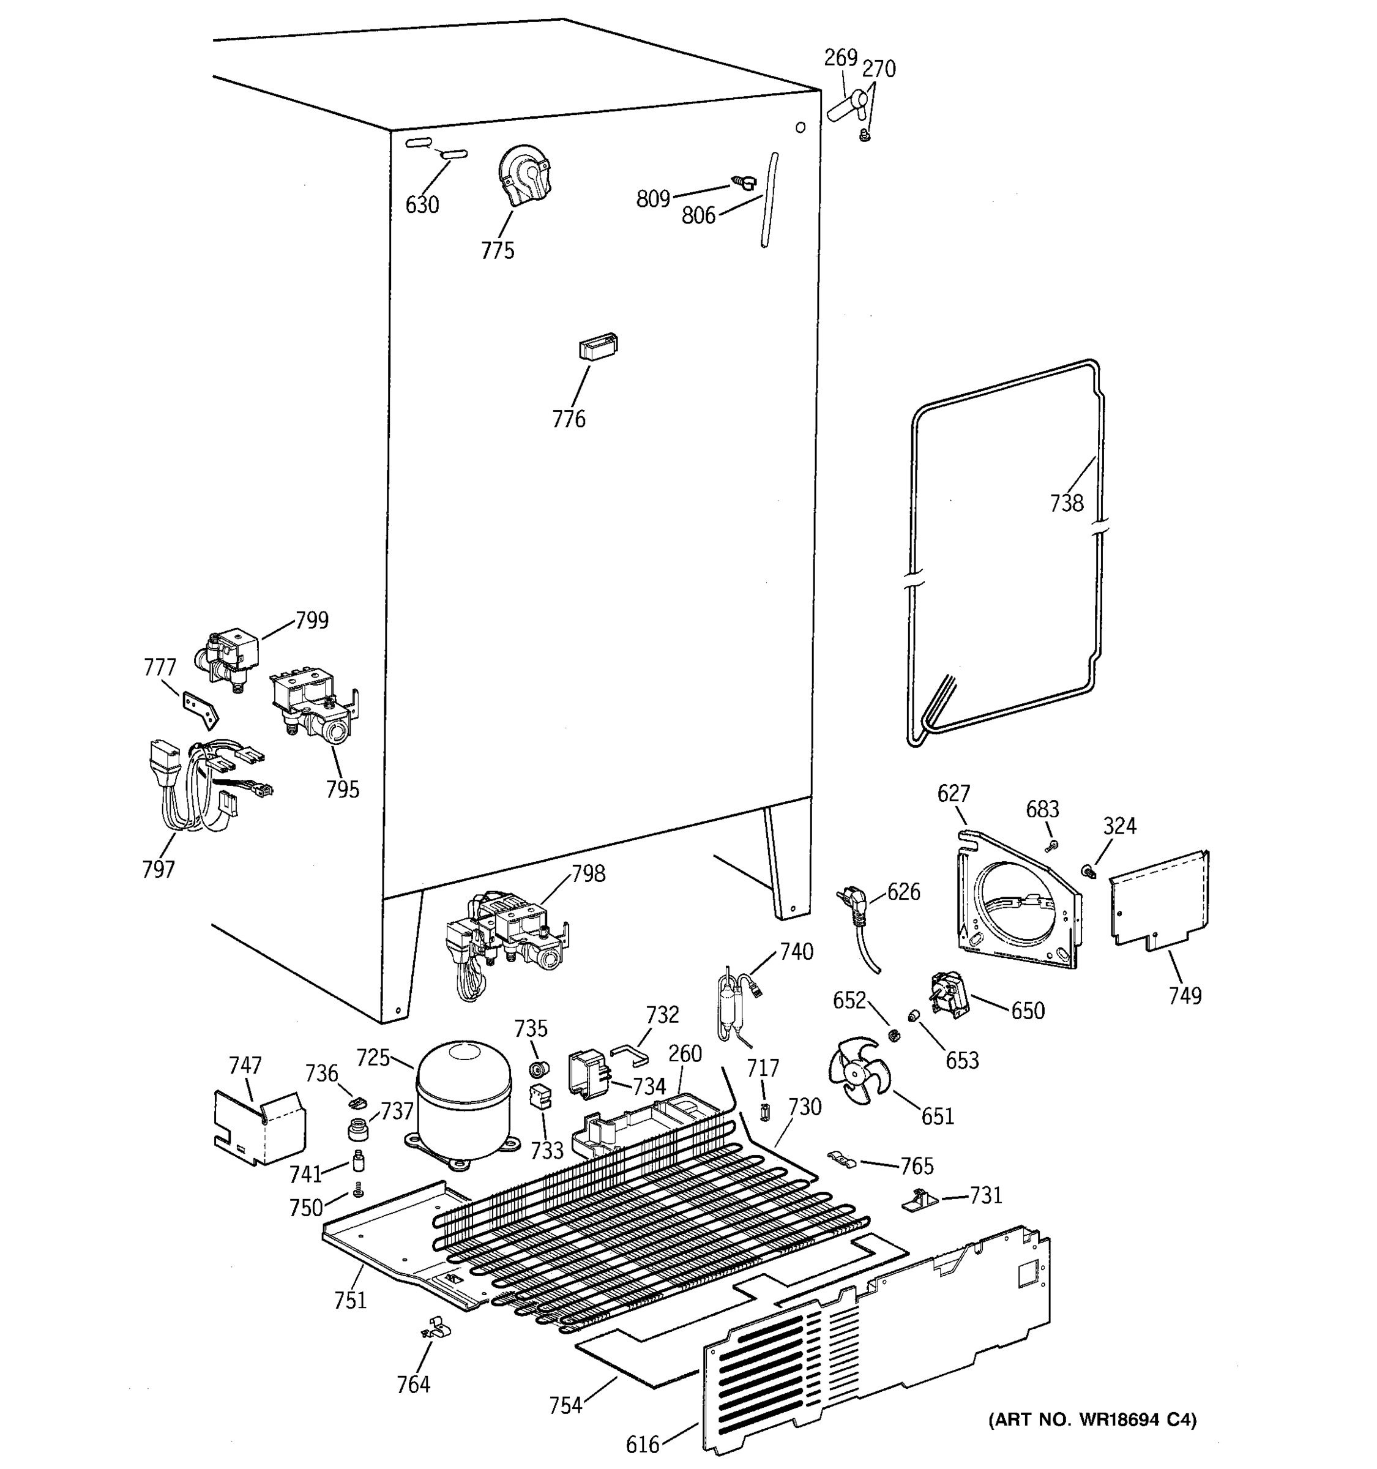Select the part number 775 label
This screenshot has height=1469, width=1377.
click(497, 251)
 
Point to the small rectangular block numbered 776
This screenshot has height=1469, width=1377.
click(598, 346)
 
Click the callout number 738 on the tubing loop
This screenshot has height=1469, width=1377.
click(1066, 503)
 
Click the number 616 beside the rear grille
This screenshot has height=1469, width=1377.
click(642, 1445)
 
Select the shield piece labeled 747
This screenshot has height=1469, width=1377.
click(258, 1126)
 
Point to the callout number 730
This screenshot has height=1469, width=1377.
click(804, 1107)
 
